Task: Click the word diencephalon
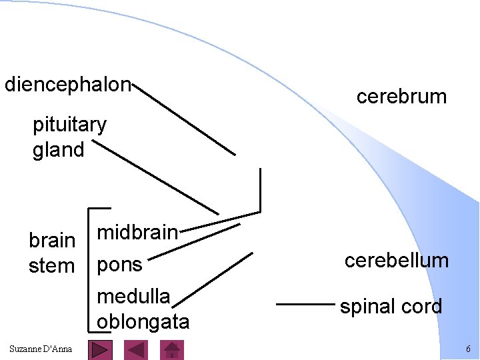(x=68, y=85)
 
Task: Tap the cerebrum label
(x=401, y=97)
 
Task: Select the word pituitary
(x=69, y=125)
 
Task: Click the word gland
(x=59, y=149)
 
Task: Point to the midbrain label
(x=137, y=233)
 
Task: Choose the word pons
(x=120, y=265)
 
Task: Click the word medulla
(x=133, y=295)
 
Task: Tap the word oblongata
(x=143, y=321)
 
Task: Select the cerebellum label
(x=396, y=260)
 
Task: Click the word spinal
(x=365, y=307)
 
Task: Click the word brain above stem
(x=52, y=240)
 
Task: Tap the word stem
(x=51, y=265)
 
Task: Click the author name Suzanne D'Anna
(x=41, y=349)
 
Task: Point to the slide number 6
(x=468, y=349)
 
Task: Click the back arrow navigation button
(x=137, y=350)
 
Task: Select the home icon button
(x=173, y=350)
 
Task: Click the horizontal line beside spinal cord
(x=304, y=305)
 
